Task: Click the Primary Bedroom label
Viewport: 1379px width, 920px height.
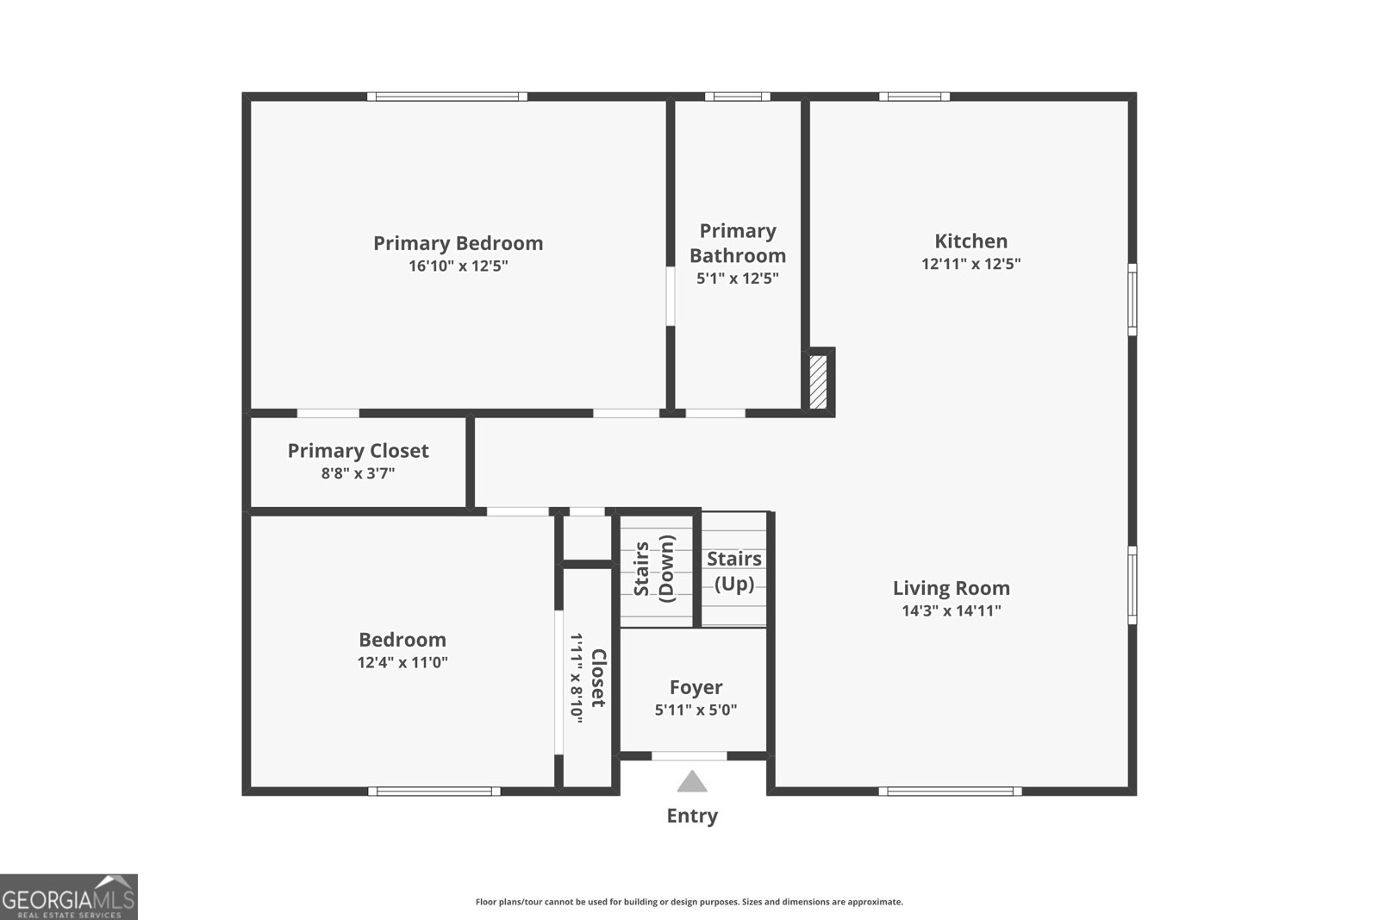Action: click(x=458, y=243)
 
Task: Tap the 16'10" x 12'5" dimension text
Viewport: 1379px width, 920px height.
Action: click(x=458, y=266)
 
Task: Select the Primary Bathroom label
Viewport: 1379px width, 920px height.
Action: click(x=738, y=243)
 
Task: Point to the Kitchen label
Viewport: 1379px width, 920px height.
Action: click(x=970, y=241)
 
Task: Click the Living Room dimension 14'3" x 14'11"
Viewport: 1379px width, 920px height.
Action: click(x=951, y=611)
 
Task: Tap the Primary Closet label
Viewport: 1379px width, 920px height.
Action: click(x=358, y=451)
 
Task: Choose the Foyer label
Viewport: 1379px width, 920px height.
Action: click(x=696, y=687)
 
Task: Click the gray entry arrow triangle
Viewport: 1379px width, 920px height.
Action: click(x=692, y=782)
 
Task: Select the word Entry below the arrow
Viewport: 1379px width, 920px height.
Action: click(x=692, y=816)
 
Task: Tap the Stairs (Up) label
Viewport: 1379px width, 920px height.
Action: click(x=734, y=571)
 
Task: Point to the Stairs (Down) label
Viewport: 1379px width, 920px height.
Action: click(x=654, y=569)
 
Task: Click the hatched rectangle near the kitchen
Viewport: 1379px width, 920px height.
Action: click(x=817, y=382)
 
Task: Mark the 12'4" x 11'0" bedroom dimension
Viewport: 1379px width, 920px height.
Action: click(x=402, y=663)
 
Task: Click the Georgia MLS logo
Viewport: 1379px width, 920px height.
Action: click(x=68, y=897)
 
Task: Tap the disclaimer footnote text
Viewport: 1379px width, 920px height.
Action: click(x=689, y=902)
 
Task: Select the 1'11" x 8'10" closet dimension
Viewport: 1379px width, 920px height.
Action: click(x=576, y=678)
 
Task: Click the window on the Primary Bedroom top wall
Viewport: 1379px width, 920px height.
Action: click(x=447, y=97)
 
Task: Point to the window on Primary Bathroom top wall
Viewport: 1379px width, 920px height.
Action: click(x=738, y=97)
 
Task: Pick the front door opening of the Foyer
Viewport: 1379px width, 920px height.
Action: click(x=689, y=756)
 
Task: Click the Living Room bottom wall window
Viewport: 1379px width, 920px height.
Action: click(x=950, y=791)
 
